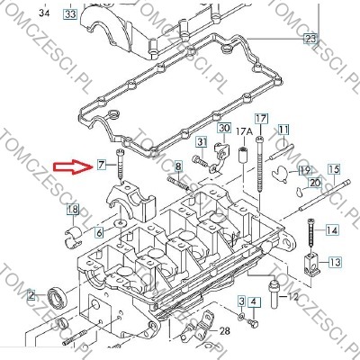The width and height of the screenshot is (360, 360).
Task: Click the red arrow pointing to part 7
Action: pos(74,166)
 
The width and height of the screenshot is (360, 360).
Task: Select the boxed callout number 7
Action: pos(102,165)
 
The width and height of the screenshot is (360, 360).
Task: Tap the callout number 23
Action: pos(310,39)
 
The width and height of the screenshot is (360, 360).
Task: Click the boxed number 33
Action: pos(70,13)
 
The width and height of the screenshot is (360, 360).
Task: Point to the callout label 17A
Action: pos(245,131)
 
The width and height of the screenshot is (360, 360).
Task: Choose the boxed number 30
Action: pos(224,128)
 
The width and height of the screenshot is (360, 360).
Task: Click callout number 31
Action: pos(202,141)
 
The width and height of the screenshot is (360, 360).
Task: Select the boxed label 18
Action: pos(73,210)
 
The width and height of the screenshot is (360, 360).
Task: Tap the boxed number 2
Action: pos(31,295)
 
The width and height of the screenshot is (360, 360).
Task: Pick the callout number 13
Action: pos(335,262)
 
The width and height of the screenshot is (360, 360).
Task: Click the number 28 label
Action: pos(225,331)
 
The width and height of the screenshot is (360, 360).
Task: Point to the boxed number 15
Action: pos(334,169)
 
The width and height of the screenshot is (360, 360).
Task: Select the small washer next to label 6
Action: pos(121,223)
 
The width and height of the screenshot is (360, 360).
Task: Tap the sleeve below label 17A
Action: pos(243,155)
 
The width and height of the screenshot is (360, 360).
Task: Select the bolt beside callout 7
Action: pos(121,166)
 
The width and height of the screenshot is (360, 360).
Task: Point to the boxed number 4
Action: pos(254,302)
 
